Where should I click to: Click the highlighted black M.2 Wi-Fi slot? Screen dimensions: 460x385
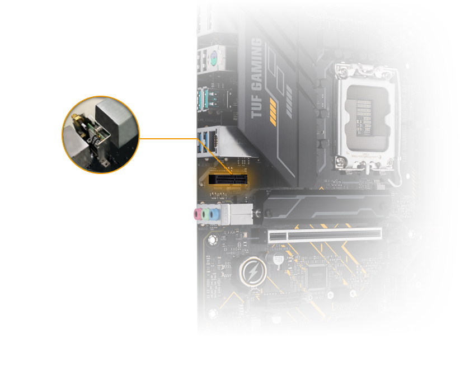point(228,179)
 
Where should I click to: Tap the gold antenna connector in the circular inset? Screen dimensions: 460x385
point(77,118)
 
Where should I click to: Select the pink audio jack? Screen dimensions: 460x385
point(196,214)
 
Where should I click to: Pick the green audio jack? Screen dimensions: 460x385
point(206,214)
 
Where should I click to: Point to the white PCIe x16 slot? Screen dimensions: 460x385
point(325,236)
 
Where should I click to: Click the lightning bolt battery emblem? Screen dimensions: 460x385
point(252,272)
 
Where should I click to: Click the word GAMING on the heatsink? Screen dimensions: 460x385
point(257,64)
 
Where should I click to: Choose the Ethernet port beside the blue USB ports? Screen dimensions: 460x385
point(213,142)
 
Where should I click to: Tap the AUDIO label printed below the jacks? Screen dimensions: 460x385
point(203,228)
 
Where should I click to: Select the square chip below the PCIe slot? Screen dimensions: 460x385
point(317,276)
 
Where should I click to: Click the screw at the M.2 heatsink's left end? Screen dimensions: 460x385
point(258,212)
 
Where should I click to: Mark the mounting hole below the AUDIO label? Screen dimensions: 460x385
point(212,240)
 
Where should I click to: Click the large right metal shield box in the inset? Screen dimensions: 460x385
point(116,123)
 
